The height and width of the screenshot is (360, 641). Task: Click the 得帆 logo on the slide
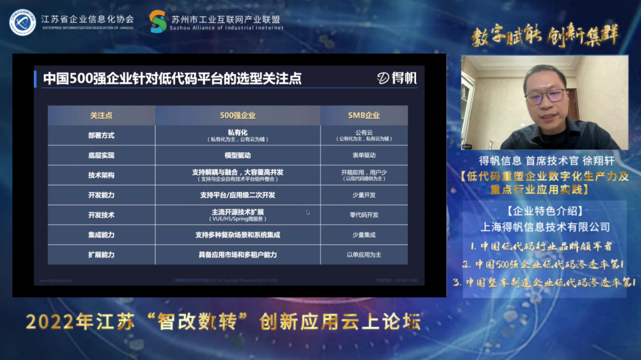(x=397, y=78)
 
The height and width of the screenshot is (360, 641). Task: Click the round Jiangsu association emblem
(x=23, y=22)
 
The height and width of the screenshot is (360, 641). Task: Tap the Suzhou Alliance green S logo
(x=158, y=22)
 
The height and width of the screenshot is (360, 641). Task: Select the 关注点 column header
(x=101, y=115)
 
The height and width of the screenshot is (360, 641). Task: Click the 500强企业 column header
(x=237, y=115)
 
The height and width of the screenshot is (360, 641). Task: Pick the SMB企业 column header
(x=364, y=115)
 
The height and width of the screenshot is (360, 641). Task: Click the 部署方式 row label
(x=101, y=135)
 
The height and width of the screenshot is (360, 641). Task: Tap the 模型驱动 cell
(x=237, y=155)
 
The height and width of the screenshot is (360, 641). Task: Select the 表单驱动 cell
(x=364, y=155)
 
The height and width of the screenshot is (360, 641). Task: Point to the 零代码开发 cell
(x=364, y=215)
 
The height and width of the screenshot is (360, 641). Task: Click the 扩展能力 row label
(x=101, y=254)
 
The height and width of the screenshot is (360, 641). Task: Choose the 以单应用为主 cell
(x=364, y=254)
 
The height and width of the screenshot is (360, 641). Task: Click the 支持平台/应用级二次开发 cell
(x=237, y=195)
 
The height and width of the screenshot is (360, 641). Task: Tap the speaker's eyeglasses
(x=545, y=95)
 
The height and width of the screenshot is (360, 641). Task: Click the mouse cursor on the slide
(x=308, y=212)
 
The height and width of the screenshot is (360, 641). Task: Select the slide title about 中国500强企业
(x=172, y=79)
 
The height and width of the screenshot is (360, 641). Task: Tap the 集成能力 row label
(x=101, y=235)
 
